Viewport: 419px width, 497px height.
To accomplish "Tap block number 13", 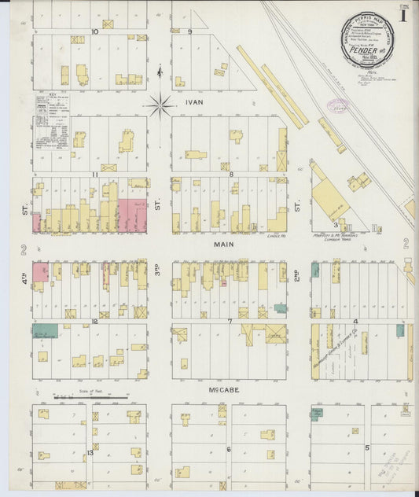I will (x=90, y=454).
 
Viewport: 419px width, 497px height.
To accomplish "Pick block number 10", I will (x=94, y=31).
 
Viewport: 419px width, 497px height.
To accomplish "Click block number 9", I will (x=190, y=31).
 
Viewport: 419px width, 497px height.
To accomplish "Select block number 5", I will (x=367, y=447).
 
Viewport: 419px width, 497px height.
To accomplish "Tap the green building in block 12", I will (x=46, y=331).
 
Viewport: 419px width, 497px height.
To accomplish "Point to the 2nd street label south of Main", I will (x=298, y=277).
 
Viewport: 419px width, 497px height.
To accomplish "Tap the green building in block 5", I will (x=316, y=412).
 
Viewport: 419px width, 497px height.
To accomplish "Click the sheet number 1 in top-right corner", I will (x=403, y=13).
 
